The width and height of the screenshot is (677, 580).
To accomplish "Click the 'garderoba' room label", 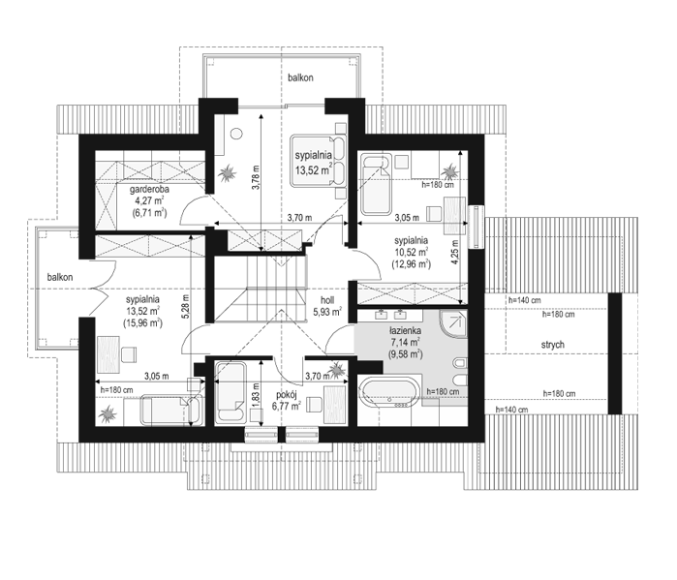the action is tap(149, 189).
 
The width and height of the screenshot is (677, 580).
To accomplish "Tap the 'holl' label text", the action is tap(327, 300).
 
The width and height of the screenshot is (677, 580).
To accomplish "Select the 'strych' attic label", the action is tap(553, 345).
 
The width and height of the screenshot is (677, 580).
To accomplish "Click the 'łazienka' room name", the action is tap(405, 331).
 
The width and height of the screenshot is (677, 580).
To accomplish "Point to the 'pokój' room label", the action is tap(287, 394).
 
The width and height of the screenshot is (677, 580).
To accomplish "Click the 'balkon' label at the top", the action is tap(300, 77).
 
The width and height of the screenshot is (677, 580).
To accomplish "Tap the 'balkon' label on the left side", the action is tap(60, 277).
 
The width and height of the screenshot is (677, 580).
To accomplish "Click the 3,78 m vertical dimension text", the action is tap(255, 177).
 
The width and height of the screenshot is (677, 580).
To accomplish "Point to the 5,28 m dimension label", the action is tap(186, 306).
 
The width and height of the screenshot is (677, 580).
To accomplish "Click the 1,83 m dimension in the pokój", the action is tap(256, 394).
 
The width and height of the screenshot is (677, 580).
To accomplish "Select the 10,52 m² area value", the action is tap(411, 252).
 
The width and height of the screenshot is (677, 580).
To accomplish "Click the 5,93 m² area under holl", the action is tap(327, 311).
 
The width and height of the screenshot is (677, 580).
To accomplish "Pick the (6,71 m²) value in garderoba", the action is tap(149, 212).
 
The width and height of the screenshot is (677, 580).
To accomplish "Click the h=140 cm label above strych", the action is tap(525, 300).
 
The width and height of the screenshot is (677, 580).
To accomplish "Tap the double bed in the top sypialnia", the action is tap(318, 161).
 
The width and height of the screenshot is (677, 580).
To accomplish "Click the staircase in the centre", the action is tap(261, 290).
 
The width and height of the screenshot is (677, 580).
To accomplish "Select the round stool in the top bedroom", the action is tap(236, 134).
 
